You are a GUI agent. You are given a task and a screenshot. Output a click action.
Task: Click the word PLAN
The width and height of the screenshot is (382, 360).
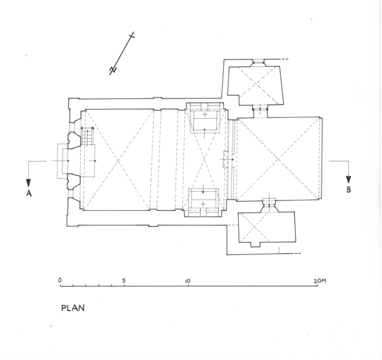73,308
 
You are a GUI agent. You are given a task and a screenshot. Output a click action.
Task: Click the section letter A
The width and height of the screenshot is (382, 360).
29,193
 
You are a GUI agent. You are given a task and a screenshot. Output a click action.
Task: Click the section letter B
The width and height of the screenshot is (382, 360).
348,190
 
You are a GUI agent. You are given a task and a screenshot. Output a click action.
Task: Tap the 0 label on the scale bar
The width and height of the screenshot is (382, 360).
60,281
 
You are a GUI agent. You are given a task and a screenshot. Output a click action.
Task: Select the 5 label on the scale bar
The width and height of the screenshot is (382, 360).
124,281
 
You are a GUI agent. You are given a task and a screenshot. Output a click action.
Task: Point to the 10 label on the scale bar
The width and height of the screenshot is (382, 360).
187,281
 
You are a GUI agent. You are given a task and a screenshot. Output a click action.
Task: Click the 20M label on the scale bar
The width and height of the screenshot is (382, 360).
320,281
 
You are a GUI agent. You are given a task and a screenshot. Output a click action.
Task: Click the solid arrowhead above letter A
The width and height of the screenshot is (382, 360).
29,183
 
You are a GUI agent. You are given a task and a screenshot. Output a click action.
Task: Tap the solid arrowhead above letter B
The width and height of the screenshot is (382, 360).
348,179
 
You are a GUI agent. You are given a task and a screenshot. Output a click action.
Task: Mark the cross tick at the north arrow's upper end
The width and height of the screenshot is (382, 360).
132,36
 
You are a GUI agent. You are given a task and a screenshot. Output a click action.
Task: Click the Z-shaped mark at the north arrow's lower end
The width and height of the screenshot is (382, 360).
113,70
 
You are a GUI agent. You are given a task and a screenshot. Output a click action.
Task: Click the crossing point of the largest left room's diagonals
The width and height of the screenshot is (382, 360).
118,160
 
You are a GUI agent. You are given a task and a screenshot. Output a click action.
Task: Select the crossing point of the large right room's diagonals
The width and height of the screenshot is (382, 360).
278,160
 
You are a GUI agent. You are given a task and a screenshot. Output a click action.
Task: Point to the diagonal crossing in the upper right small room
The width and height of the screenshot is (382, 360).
256,84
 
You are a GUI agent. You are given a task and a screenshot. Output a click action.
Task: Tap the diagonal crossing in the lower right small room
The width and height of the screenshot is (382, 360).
255,227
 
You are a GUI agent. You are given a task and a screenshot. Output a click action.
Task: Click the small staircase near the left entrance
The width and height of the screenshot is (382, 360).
87,136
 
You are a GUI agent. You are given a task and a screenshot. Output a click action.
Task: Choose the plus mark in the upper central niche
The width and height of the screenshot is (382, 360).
205,115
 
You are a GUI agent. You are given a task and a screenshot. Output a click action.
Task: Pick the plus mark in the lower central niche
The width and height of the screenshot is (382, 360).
203,204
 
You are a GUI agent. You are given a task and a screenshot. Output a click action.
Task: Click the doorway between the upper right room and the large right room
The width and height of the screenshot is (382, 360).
260,111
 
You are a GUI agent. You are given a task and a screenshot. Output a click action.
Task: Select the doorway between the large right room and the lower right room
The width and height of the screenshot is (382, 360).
269,205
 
